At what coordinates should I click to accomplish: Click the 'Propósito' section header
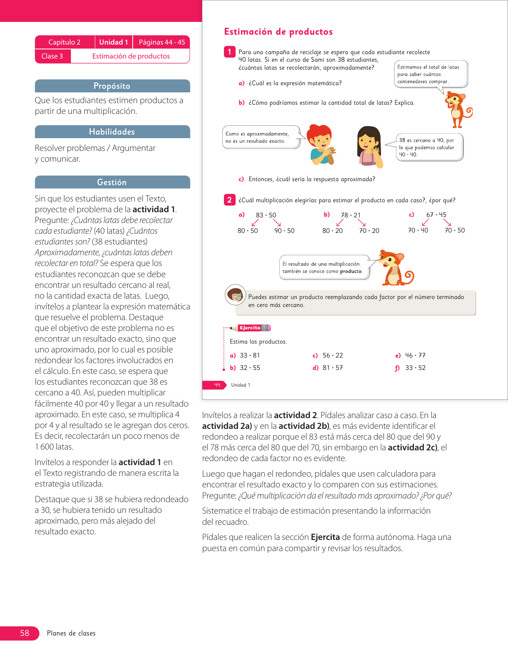click(112, 86)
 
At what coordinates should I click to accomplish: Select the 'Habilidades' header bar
click(112, 132)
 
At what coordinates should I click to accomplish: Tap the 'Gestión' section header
click(112, 182)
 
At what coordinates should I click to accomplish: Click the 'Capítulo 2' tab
click(65, 42)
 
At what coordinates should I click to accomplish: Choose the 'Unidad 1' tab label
click(114, 42)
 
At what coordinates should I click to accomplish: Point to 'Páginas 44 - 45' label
click(162, 42)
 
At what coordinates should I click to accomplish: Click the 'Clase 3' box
click(52, 56)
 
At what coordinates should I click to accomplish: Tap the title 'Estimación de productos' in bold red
click(278, 32)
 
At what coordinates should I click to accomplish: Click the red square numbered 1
click(229, 52)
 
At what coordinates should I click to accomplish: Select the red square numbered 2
click(229, 200)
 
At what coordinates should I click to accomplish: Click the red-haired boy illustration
click(321, 145)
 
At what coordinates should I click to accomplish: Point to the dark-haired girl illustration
click(370, 147)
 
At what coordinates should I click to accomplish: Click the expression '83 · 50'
click(266, 215)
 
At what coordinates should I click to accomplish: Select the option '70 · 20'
click(369, 231)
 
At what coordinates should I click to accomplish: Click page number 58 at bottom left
click(24, 633)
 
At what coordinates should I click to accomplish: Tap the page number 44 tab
click(217, 385)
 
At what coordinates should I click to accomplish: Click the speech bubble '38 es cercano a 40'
click(430, 147)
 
